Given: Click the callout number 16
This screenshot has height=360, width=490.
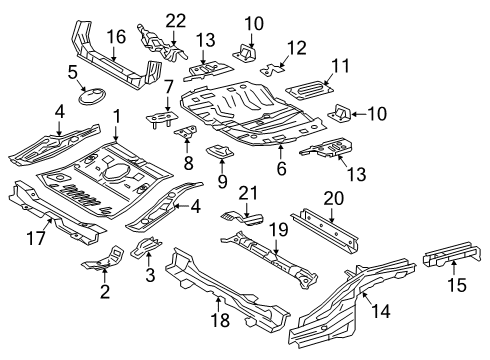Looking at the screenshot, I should tap(116, 38).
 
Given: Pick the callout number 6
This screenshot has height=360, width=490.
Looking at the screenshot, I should tap(281, 170).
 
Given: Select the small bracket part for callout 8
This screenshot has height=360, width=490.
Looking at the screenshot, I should tap(185, 133).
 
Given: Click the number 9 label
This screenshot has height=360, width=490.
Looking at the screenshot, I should tap(222, 183).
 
